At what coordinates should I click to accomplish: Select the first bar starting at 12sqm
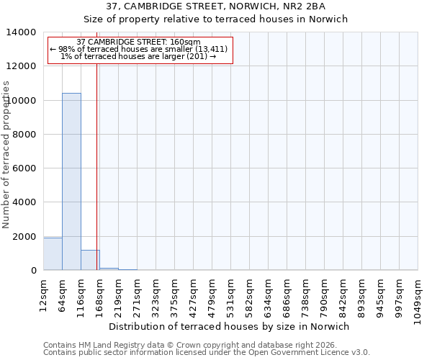pos(53,254)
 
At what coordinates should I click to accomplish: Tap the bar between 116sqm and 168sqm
pos(90,261)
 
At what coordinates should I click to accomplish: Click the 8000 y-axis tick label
pos(27,135)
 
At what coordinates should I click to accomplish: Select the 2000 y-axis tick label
pos(27,237)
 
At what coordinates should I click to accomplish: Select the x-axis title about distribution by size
pos(233,327)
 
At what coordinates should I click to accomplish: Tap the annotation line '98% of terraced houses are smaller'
pos(139,49)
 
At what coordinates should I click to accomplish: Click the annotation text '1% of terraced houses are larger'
pos(139,56)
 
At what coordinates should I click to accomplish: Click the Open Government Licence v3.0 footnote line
pos(207,353)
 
